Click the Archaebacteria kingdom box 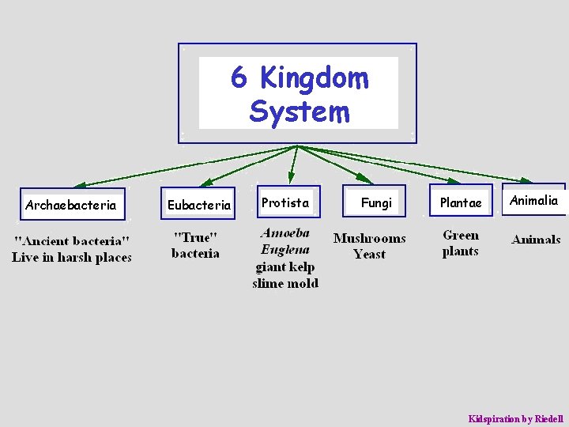(70, 205)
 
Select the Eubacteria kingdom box (199, 205)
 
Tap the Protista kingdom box (285, 203)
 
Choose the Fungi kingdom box (376, 203)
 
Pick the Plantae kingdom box (461, 203)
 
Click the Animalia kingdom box (533, 201)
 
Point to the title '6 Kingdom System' (299, 95)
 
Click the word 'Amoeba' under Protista (285, 234)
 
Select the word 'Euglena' (285, 250)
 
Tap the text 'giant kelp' (285, 266)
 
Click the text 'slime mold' (285, 283)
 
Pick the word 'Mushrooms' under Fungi (369, 238)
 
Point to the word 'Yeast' (369, 255)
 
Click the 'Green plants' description (461, 244)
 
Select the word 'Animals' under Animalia (536, 240)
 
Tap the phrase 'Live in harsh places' (72, 257)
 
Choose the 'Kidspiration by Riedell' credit (515, 418)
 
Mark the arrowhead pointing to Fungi (364, 179)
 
